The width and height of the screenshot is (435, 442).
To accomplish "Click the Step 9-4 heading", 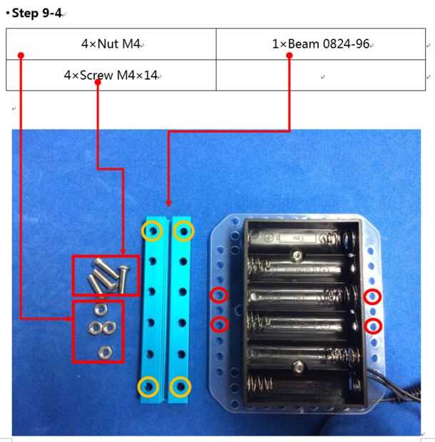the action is pos(36,13).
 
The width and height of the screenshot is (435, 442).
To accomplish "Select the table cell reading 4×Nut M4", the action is pos(111,44).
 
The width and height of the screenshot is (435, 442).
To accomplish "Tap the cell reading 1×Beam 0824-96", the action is pos(321,44).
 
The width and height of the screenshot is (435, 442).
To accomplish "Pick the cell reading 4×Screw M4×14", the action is pos(111,75).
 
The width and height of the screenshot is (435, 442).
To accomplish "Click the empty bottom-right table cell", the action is pos(321,75).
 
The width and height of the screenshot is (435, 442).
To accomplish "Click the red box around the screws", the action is pos(73,275).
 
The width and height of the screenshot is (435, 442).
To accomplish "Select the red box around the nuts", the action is pos(74,331).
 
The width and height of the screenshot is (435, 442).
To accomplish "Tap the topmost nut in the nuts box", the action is pos(101,309).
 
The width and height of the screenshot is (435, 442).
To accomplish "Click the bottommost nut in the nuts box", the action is pos(105,352).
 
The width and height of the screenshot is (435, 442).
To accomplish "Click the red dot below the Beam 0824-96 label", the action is pos(290,56).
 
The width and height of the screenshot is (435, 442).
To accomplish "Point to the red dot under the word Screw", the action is pos(98,82).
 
